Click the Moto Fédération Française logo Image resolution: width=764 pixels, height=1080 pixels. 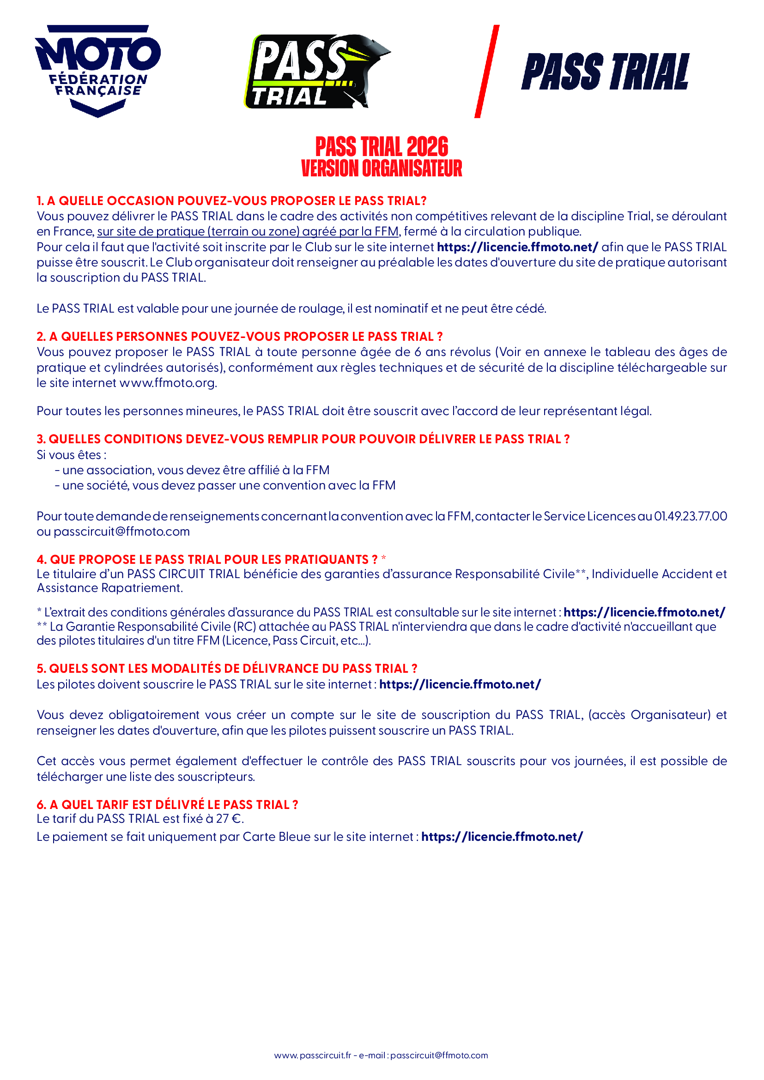pos(98,71)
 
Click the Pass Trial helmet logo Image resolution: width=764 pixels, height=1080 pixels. pos(316,72)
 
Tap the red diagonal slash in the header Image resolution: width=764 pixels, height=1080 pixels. pos(486,72)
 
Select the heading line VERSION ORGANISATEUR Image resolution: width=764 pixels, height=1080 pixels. pos(382,169)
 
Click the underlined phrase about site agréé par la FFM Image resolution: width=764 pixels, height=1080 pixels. pos(248,231)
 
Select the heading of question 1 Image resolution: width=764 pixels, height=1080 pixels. pos(231,201)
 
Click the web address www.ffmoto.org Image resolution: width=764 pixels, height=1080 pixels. pos(168,383)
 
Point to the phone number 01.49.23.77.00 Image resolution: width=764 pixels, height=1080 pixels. pos(690,516)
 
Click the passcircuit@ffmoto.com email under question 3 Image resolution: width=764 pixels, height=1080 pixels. pos(121,531)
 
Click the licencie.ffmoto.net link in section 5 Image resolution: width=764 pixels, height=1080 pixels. pos(460,684)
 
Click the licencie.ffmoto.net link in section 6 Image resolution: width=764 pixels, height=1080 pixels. pos(502,837)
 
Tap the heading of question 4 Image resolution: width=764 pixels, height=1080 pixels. pos(207,559)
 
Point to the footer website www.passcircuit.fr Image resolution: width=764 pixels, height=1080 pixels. pos(313,1055)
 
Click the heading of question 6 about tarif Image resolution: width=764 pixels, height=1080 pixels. pos(167,804)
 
